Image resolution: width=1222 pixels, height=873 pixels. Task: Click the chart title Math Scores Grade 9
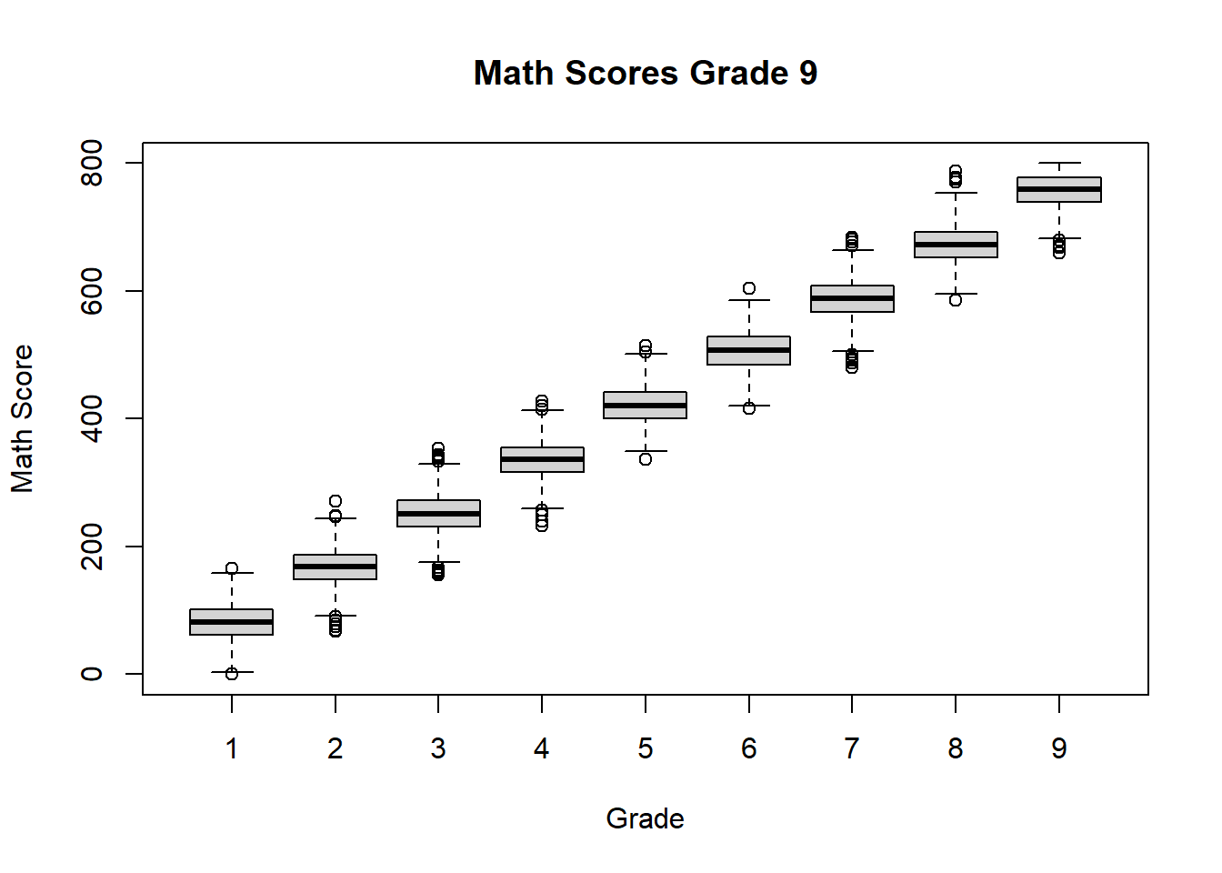(x=645, y=73)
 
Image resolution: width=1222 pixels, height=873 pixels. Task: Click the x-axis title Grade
(x=645, y=818)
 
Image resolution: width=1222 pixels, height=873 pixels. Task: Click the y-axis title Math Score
(x=22, y=418)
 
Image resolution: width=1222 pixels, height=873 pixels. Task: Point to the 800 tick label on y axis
(x=92, y=163)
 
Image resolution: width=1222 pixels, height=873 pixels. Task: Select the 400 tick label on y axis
(x=92, y=418)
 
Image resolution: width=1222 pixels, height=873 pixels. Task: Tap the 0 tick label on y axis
(x=92, y=674)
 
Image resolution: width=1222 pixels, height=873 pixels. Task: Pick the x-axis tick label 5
(x=646, y=748)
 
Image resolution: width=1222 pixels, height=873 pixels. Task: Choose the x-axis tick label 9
(x=1059, y=748)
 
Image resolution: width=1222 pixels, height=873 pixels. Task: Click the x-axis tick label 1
(x=232, y=748)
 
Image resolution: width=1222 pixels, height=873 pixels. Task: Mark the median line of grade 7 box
(x=852, y=298)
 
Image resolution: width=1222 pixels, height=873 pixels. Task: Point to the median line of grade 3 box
(x=438, y=514)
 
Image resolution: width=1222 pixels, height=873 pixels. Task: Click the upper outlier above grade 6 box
(x=749, y=288)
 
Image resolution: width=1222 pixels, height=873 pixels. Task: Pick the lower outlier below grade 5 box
(x=646, y=459)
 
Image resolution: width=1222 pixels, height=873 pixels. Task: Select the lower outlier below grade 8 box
(x=956, y=300)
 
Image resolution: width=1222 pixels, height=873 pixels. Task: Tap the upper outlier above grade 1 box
(x=232, y=568)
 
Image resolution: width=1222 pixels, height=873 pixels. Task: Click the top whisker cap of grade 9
(x=1059, y=163)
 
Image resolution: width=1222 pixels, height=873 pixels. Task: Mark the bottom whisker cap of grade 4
(x=542, y=508)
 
